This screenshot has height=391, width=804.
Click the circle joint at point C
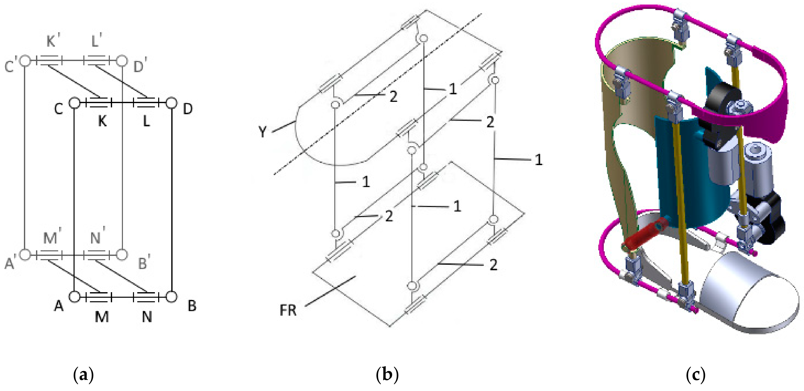74,103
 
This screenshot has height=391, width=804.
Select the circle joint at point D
171,103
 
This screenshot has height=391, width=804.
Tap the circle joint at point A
74,297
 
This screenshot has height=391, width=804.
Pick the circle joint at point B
171,297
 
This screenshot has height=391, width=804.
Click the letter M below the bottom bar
102,317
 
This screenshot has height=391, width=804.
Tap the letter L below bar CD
146,121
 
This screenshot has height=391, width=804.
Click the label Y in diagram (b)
263,132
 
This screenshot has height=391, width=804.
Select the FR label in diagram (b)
288,310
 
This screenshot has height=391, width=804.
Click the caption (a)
83,374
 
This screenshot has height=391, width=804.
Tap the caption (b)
387,374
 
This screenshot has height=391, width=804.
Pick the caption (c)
695,374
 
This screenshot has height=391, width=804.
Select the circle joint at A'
25,255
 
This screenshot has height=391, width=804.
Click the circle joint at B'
122,255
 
